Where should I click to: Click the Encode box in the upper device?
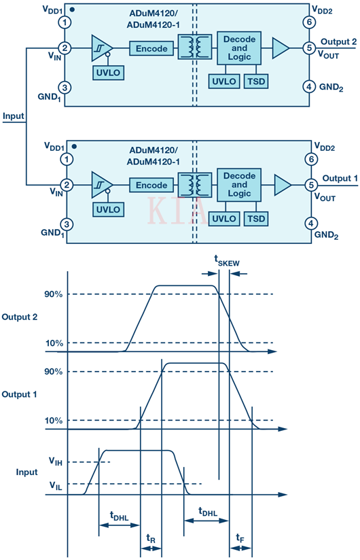(151, 48)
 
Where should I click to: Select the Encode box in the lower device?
(151, 185)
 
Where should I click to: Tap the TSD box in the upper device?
(256, 82)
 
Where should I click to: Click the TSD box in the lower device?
(256, 219)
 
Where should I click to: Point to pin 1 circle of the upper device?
(65, 22)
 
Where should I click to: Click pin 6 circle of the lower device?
(312, 159)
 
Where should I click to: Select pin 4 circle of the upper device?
(309, 86)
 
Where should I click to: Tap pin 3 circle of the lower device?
(67, 224)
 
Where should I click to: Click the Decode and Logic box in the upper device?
(239, 48)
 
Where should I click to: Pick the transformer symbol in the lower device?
(195, 185)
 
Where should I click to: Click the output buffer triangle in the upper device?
(281, 48)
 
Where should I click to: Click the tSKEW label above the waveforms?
(227, 260)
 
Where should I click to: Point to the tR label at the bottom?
(151, 538)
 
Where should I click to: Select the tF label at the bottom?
(240, 538)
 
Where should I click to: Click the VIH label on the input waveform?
(56, 461)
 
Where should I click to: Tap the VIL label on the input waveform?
(56, 485)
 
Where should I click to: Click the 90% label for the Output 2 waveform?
(54, 294)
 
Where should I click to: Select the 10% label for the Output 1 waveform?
(54, 421)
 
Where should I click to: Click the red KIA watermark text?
(177, 211)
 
